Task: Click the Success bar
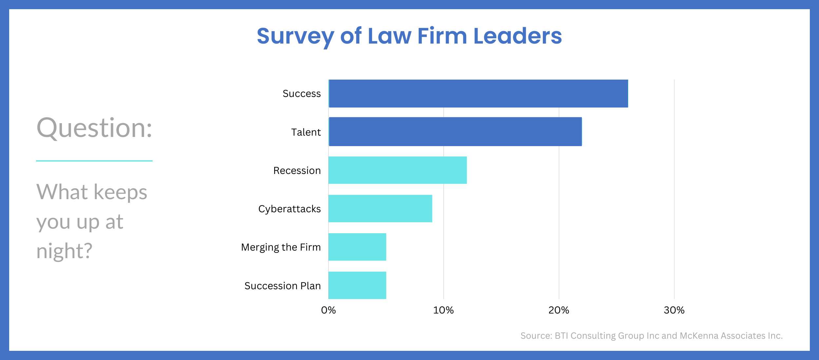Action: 478,93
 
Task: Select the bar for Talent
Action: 455,131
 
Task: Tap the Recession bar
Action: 398,170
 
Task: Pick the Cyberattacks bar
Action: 380,208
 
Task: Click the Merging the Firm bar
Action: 357,247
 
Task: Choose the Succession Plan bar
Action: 357,285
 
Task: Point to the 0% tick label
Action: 328,310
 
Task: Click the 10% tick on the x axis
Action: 444,310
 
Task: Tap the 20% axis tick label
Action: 559,310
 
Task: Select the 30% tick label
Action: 674,310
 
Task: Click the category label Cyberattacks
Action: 290,209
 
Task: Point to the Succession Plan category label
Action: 283,286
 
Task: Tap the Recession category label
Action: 297,171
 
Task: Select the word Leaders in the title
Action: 518,36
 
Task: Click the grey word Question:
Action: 94,128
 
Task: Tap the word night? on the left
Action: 65,251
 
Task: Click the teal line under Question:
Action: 94,161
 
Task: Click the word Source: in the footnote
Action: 536,336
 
